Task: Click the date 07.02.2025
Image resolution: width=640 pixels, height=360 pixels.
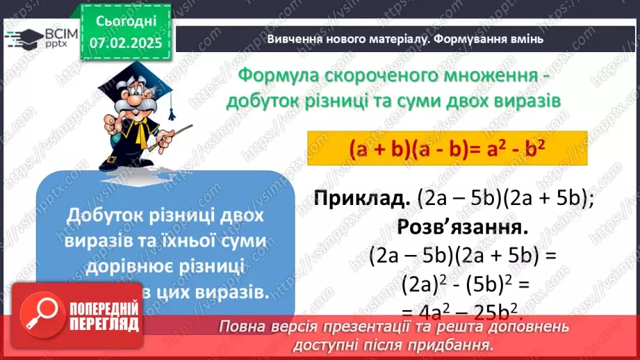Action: point(125,42)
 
